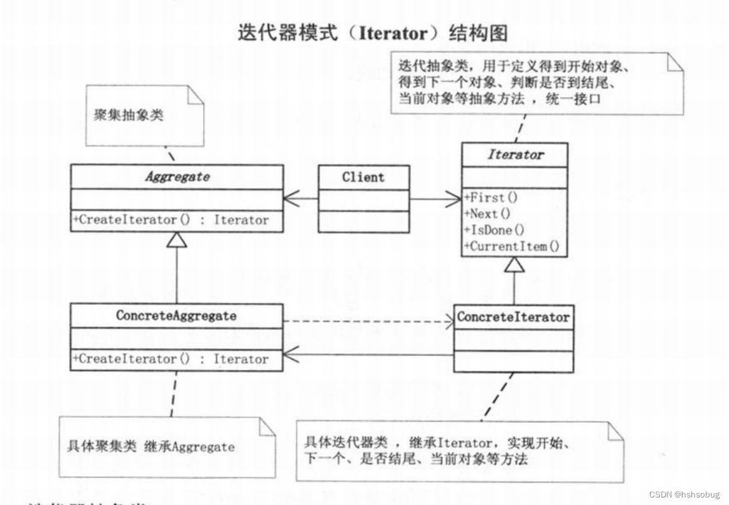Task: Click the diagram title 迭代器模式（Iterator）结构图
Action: [x=372, y=33]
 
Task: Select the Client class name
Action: [x=363, y=177]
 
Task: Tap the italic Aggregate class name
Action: [x=177, y=177]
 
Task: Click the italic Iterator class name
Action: [x=515, y=154]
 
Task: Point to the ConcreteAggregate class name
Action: [x=176, y=316]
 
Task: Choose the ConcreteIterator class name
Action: [x=513, y=317]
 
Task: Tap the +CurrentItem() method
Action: [x=511, y=246]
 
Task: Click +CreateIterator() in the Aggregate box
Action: [x=171, y=220]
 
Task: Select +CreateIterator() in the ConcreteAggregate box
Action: [x=171, y=359]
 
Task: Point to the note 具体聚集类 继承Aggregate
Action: [x=151, y=447]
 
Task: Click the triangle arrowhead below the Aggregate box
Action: [x=178, y=240]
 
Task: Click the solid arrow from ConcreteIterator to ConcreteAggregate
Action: [x=367, y=355]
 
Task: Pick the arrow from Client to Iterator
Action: [x=435, y=199]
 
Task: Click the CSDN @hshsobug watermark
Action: [x=683, y=495]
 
